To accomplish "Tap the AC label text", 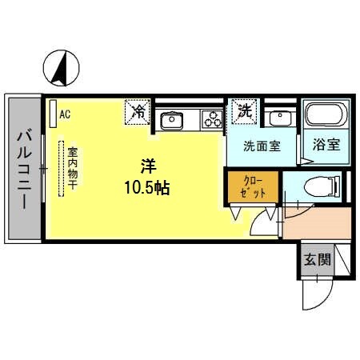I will pyautogui.click(x=65, y=114).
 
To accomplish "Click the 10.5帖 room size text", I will pyautogui.click(x=147, y=188).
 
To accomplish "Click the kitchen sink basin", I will pyautogui.click(x=171, y=120).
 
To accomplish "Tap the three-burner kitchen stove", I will pyautogui.click(x=211, y=120).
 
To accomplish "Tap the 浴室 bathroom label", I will pyautogui.click(x=326, y=146).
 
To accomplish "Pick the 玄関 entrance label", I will pyautogui.click(x=315, y=260).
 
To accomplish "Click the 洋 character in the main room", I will pyautogui.click(x=147, y=166).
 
